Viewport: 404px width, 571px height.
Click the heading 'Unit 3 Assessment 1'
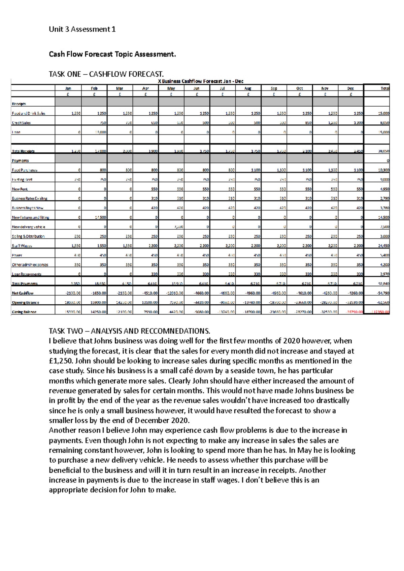tap(82, 29)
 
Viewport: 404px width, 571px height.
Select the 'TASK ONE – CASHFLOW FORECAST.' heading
tap(106, 74)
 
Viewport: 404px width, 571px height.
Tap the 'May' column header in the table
tap(171, 88)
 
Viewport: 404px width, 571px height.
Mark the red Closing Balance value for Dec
tap(356, 312)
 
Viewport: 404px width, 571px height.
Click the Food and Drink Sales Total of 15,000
tap(383, 113)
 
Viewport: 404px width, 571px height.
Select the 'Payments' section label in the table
tap(20, 160)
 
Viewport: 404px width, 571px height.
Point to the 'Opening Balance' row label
tap(26, 302)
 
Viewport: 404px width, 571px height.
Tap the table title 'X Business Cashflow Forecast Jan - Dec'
tap(200, 81)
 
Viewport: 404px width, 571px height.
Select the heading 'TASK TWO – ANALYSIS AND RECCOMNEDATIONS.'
tap(130, 331)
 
